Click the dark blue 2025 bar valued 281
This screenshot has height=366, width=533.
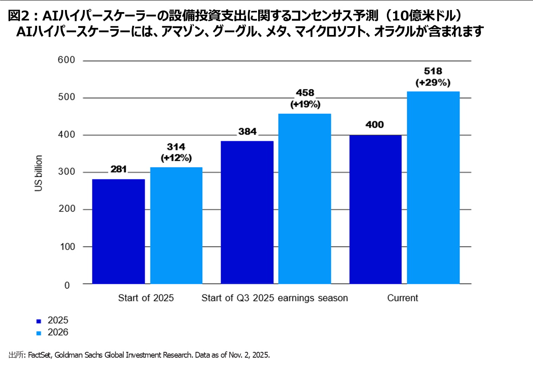(x=118, y=231)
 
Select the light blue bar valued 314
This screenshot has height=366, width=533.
(x=176, y=225)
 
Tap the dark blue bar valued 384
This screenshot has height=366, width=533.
(x=247, y=212)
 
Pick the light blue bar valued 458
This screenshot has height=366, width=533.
(x=304, y=198)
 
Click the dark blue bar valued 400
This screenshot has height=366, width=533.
(x=376, y=209)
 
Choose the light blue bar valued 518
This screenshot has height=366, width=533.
(x=433, y=187)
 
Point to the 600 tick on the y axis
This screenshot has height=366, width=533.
(x=66, y=61)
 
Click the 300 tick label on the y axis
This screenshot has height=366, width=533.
(x=66, y=172)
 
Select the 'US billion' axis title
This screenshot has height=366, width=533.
(x=39, y=173)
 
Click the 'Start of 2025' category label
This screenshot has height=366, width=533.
(x=146, y=298)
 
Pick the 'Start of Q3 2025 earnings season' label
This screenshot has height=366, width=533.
(x=274, y=298)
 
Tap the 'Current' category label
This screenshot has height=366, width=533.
(x=402, y=298)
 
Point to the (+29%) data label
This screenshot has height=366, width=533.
(x=433, y=82)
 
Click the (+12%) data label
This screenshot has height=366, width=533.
(x=176, y=158)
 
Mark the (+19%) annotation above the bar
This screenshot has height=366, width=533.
(x=305, y=104)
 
